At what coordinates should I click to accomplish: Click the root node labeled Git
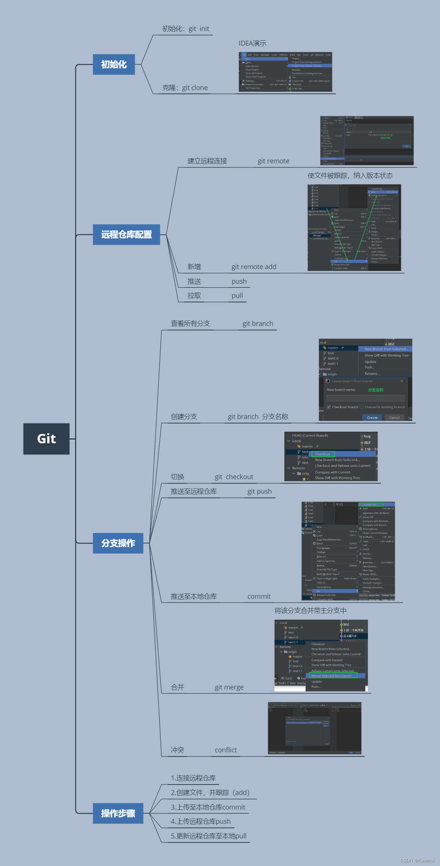coord(46,439)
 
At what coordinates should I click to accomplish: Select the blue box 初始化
coord(114,64)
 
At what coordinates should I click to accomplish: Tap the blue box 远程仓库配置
coord(126,234)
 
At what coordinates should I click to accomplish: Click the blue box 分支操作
coord(118,543)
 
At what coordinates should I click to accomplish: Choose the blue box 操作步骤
coord(118,813)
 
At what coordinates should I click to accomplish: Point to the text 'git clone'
coord(195,88)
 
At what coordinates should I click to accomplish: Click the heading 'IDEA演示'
coord(252,43)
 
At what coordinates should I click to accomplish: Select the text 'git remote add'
coord(254,267)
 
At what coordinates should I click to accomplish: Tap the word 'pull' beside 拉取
coord(237,296)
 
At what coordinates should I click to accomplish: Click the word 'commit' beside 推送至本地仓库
coord(259,597)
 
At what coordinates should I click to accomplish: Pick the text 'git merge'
coord(229,687)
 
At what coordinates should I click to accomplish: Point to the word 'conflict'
coord(226,750)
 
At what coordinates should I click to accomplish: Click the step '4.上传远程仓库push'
coord(201,822)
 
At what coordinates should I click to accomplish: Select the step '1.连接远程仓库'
coord(193,778)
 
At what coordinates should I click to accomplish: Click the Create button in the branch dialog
coord(372,417)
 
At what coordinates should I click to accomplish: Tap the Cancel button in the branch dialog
coord(394,417)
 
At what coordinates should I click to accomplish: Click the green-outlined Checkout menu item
coord(322,454)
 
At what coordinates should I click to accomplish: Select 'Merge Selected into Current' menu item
coord(332,676)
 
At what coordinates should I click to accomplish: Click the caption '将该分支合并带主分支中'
coord(310,611)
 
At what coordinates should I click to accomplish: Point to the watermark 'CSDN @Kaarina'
coord(417,860)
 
